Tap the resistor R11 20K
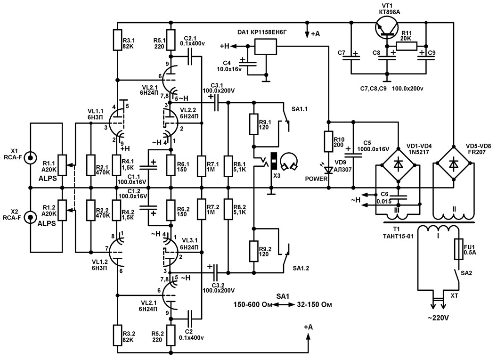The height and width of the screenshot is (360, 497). coord(407,46)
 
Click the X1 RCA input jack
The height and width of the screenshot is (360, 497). coord(31,157)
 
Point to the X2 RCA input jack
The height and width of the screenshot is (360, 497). coord(31,217)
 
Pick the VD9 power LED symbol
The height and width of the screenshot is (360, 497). coord(329,170)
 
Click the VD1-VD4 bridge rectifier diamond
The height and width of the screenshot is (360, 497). coord(398,164)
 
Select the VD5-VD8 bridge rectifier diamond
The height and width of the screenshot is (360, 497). coord(454,164)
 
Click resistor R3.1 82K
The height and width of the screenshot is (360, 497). coord(117,40)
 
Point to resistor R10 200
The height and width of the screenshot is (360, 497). coord(329,141)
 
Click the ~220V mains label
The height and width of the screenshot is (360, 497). coord(438,318)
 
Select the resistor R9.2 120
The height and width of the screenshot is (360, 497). coord(253,251)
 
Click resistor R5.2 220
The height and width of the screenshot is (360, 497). coord(171,335)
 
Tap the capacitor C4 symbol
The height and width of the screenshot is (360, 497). coord(248,62)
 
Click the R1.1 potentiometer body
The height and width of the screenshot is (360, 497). coord(62,165)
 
